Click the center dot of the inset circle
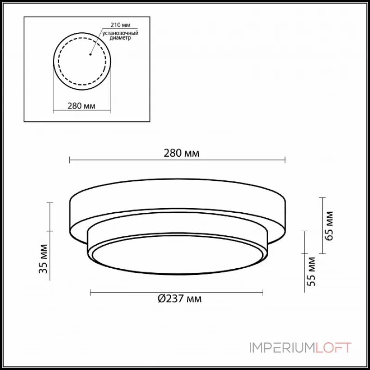tap(90, 54)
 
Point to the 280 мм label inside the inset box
tap(81, 105)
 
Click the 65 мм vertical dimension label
tap(329, 226)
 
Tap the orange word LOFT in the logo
tap(333, 347)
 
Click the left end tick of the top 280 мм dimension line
tap(70, 160)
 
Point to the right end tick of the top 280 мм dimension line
tap(285, 160)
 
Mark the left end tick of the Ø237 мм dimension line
tap(90, 292)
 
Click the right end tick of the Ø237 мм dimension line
tap(263, 292)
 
